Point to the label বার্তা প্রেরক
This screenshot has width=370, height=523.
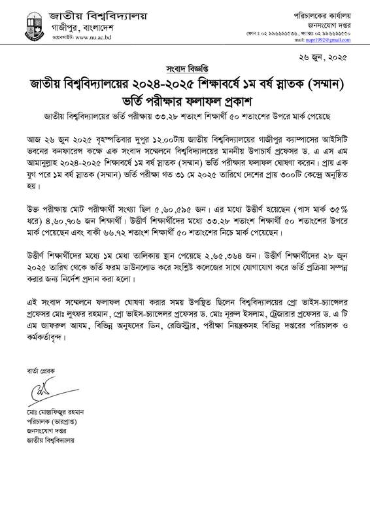[40, 370]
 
